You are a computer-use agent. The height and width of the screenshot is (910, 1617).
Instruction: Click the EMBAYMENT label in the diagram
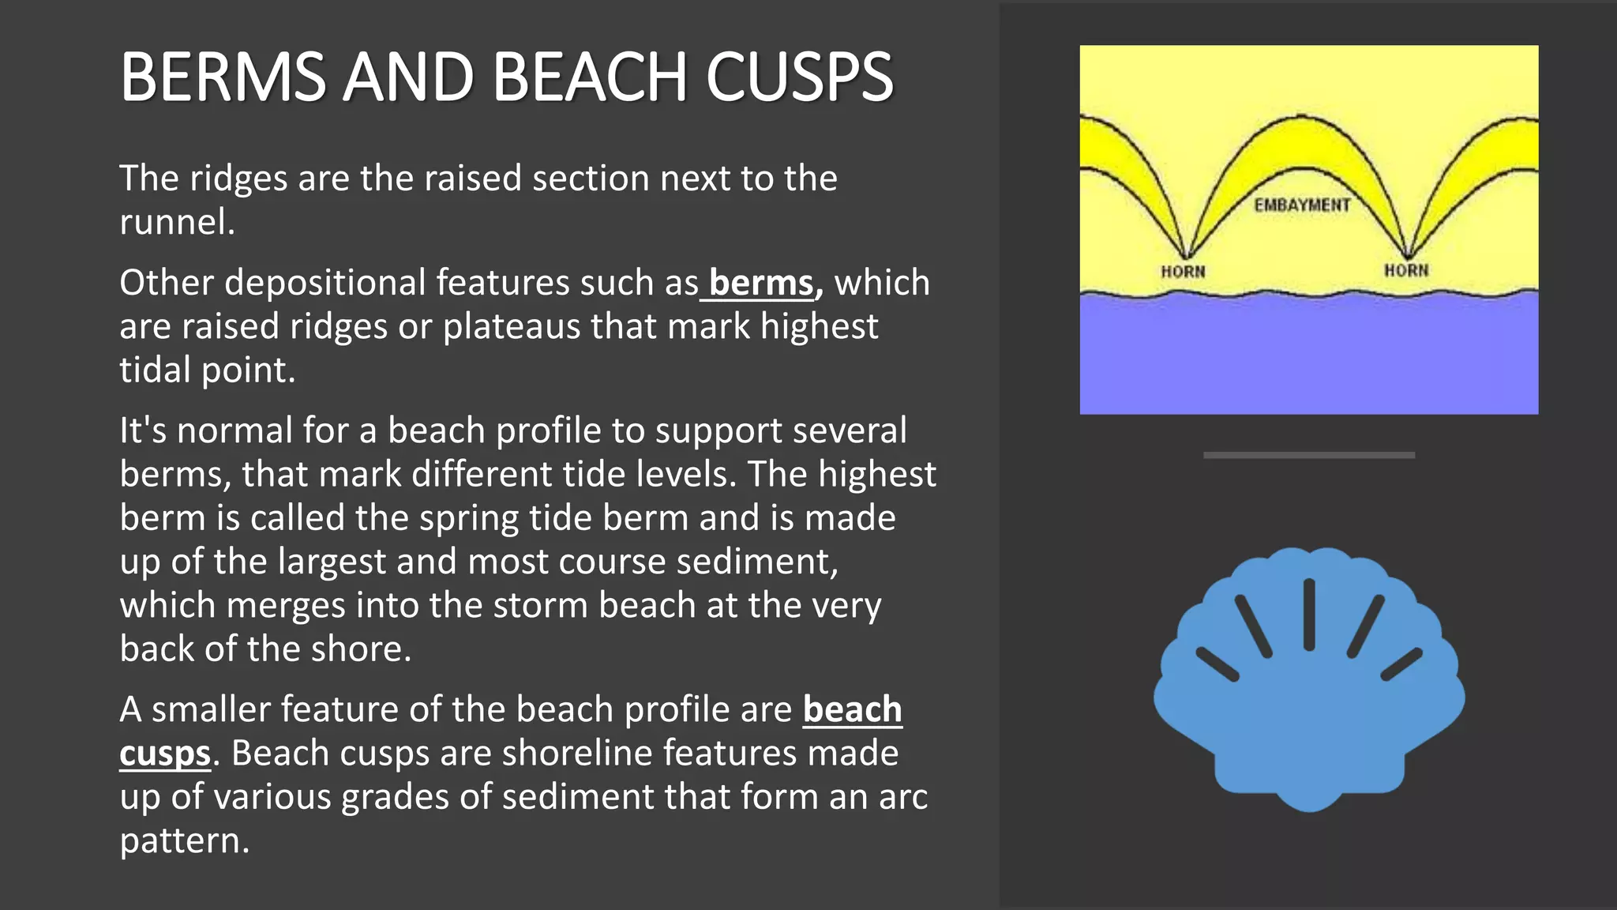coord(1302,205)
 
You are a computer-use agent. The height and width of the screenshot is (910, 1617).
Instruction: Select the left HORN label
coord(1183,272)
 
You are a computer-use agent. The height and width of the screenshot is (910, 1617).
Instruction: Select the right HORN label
coord(1406,270)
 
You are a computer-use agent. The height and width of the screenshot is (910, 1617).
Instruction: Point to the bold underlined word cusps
coord(165,754)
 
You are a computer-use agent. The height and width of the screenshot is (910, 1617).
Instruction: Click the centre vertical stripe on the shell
coord(1309,615)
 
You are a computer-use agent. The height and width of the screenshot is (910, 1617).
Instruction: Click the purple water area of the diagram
coord(1308,355)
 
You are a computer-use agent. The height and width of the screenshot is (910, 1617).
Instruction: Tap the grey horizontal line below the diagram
coord(1308,455)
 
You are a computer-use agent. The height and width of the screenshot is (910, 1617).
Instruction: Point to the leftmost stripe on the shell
coord(1217,664)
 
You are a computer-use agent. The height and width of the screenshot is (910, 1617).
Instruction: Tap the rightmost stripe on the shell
coord(1401,664)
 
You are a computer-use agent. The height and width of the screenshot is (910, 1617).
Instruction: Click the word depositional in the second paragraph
coord(325,283)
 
